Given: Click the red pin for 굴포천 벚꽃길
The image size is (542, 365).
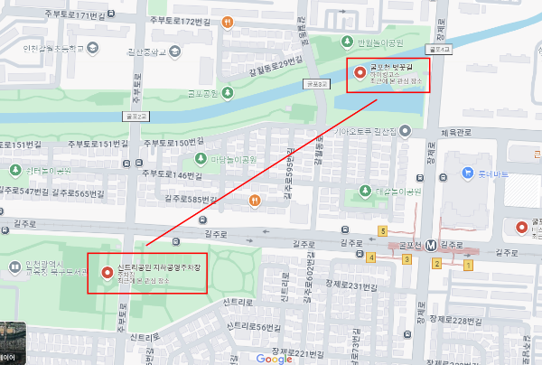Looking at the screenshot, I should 360,70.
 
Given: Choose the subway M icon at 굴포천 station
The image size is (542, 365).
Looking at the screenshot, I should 432,244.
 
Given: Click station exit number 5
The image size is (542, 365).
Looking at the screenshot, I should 383,230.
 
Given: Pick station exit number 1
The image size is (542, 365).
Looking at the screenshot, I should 468,265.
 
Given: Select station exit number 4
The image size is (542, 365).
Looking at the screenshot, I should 371,257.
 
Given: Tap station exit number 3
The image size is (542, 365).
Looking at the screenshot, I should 406,260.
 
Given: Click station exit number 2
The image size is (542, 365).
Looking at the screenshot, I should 436,263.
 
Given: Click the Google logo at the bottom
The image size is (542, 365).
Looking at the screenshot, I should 274,358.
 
